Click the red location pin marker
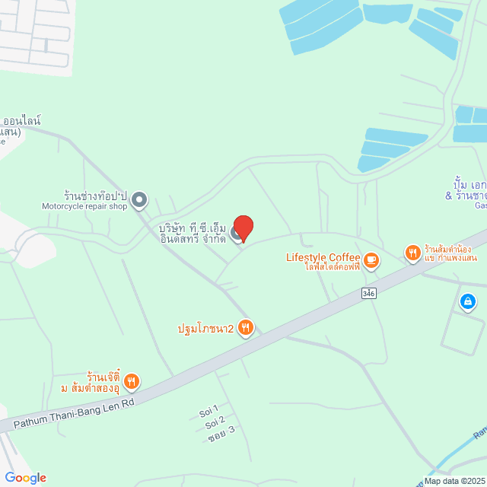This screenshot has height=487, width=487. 243,228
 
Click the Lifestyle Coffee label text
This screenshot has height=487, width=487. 322,257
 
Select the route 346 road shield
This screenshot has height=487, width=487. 369,293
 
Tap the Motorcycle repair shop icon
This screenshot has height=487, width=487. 139,200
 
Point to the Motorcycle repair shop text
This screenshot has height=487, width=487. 84,206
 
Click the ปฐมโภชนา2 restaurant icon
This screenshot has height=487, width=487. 245,328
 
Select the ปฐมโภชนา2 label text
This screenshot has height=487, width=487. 205,328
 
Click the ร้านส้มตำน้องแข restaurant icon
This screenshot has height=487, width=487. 412,253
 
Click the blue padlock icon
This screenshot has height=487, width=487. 468,302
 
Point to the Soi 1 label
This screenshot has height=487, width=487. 208,411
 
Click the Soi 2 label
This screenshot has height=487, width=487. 215,422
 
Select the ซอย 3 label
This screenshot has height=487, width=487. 221,432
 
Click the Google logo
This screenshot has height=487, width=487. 25,477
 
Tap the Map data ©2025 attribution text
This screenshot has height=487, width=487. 454,481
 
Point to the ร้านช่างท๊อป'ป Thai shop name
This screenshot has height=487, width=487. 95,194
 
